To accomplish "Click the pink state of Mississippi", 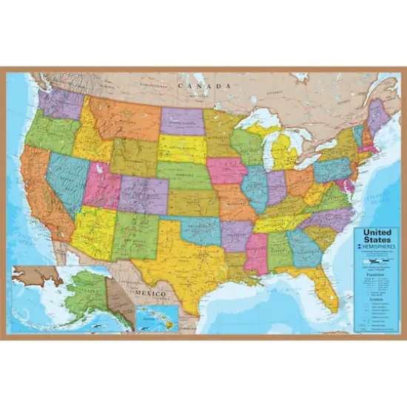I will coord(256,251).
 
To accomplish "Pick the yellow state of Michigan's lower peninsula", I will coord(284,155).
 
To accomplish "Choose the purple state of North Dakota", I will coord(182,121).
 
